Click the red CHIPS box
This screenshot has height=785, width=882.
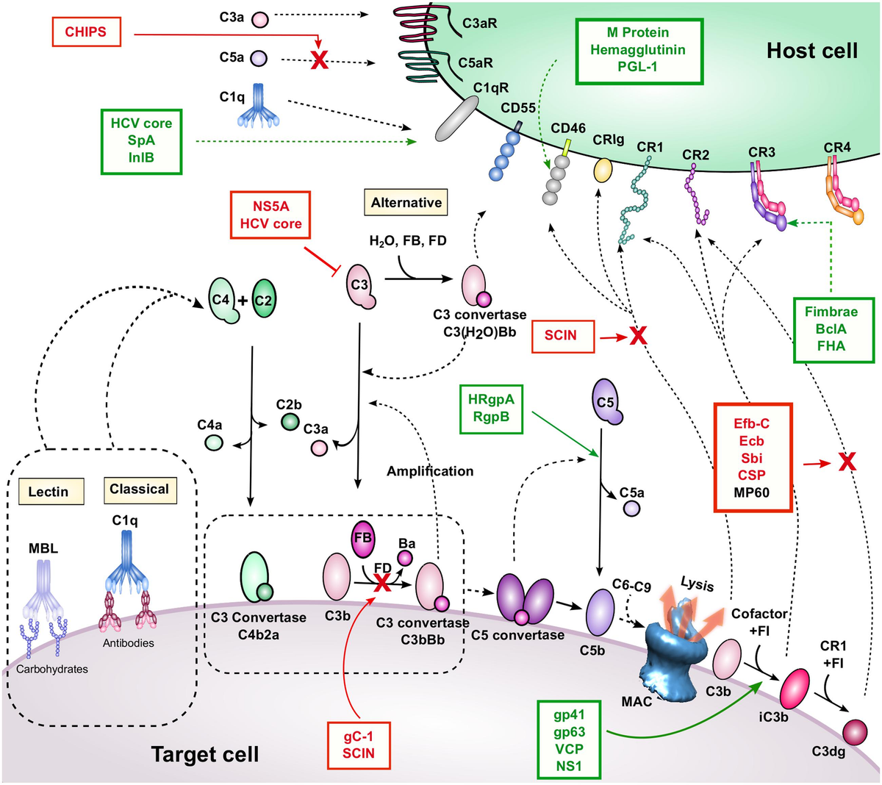click(86, 32)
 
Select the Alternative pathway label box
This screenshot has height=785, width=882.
click(406, 203)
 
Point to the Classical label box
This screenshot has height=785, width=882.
click(139, 490)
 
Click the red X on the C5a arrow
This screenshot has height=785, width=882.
click(319, 61)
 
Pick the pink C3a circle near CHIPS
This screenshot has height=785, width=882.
click(259, 19)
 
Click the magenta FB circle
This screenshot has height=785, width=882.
click(363, 538)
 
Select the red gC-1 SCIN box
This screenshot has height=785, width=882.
click(358, 744)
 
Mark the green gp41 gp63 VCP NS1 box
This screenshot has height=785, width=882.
click(569, 740)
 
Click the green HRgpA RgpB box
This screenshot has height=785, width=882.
click(491, 409)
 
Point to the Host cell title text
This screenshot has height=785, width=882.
click(811, 51)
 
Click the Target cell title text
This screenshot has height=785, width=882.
click(204, 754)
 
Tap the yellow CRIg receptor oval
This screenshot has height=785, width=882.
click(603, 170)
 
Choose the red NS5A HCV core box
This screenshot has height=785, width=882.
click(270, 215)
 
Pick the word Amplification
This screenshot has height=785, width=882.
click(430, 471)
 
